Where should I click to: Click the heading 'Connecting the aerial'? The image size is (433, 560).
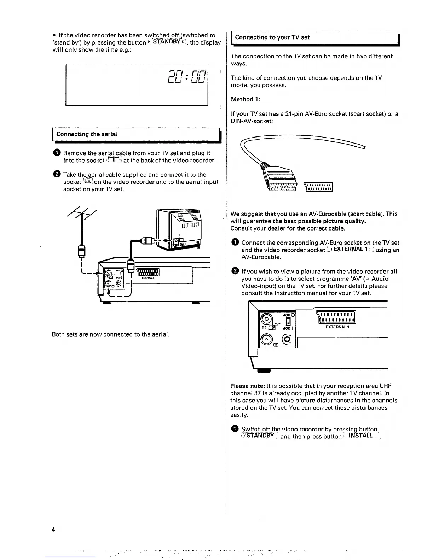[x=87, y=134]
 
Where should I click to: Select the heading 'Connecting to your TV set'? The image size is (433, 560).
[x=272, y=37]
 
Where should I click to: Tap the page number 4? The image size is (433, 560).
[x=53, y=530]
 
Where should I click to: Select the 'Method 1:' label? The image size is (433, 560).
[x=245, y=99]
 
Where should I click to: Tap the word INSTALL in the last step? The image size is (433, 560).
[x=360, y=436]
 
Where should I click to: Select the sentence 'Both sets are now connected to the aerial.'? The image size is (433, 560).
[x=111, y=334]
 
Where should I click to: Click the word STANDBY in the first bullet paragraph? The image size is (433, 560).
[x=164, y=42]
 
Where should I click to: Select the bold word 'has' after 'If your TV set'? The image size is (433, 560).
[x=274, y=114]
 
